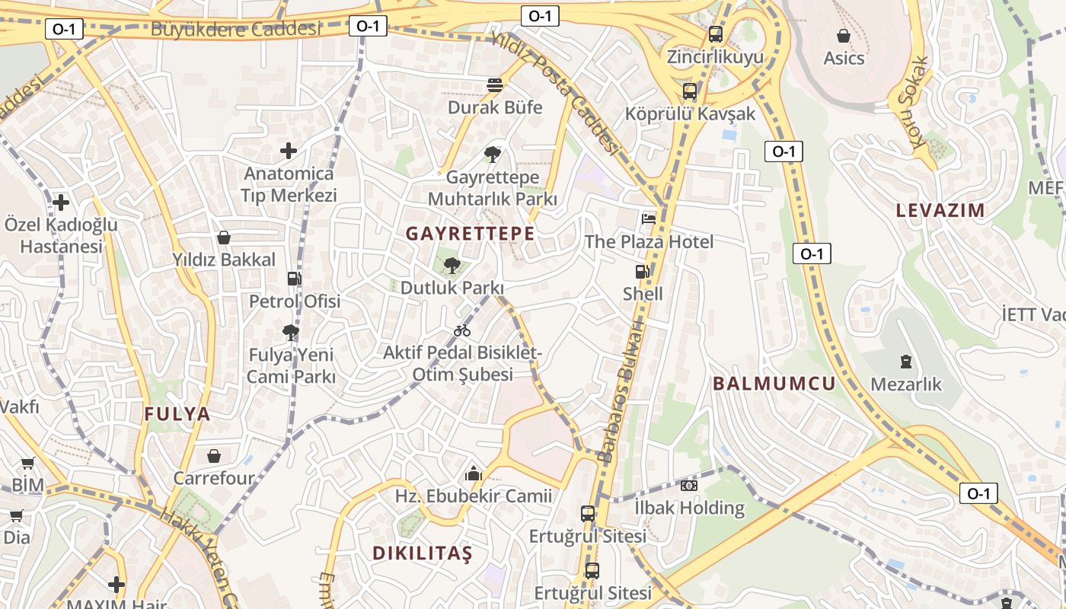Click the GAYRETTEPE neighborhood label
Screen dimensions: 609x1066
pyautogui.click(x=470, y=234)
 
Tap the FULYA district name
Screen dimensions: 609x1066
pyautogui.click(x=177, y=414)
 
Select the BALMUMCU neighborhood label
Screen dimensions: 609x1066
pyautogui.click(x=774, y=384)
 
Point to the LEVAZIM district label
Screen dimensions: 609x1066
pyautogui.click(x=940, y=210)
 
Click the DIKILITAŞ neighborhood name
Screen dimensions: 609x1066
pyautogui.click(x=423, y=553)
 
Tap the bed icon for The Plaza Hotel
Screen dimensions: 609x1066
pyautogui.click(x=649, y=219)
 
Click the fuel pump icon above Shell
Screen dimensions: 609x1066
pyautogui.click(x=643, y=272)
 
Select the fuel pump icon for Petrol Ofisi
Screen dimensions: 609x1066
pyautogui.click(x=294, y=279)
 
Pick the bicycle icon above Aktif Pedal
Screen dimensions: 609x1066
pyautogui.click(x=462, y=330)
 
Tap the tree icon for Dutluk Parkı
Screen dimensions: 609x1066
pyautogui.click(x=452, y=266)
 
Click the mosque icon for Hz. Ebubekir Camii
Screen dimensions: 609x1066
pyautogui.click(x=474, y=474)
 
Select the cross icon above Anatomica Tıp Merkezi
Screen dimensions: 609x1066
pyautogui.click(x=289, y=151)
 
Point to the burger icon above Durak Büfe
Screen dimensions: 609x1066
pyautogui.click(x=495, y=84)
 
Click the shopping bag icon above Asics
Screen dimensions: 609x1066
pyautogui.click(x=844, y=36)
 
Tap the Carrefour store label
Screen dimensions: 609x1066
pyautogui.click(x=214, y=479)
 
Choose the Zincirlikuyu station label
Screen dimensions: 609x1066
pyautogui.click(x=715, y=57)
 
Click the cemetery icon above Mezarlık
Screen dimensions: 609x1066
pyautogui.click(x=906, y=362)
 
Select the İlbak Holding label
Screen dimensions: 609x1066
pyautogui.click(x=690, y=508)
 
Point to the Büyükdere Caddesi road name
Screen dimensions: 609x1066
pyautogui.click(x=236, y=30)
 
